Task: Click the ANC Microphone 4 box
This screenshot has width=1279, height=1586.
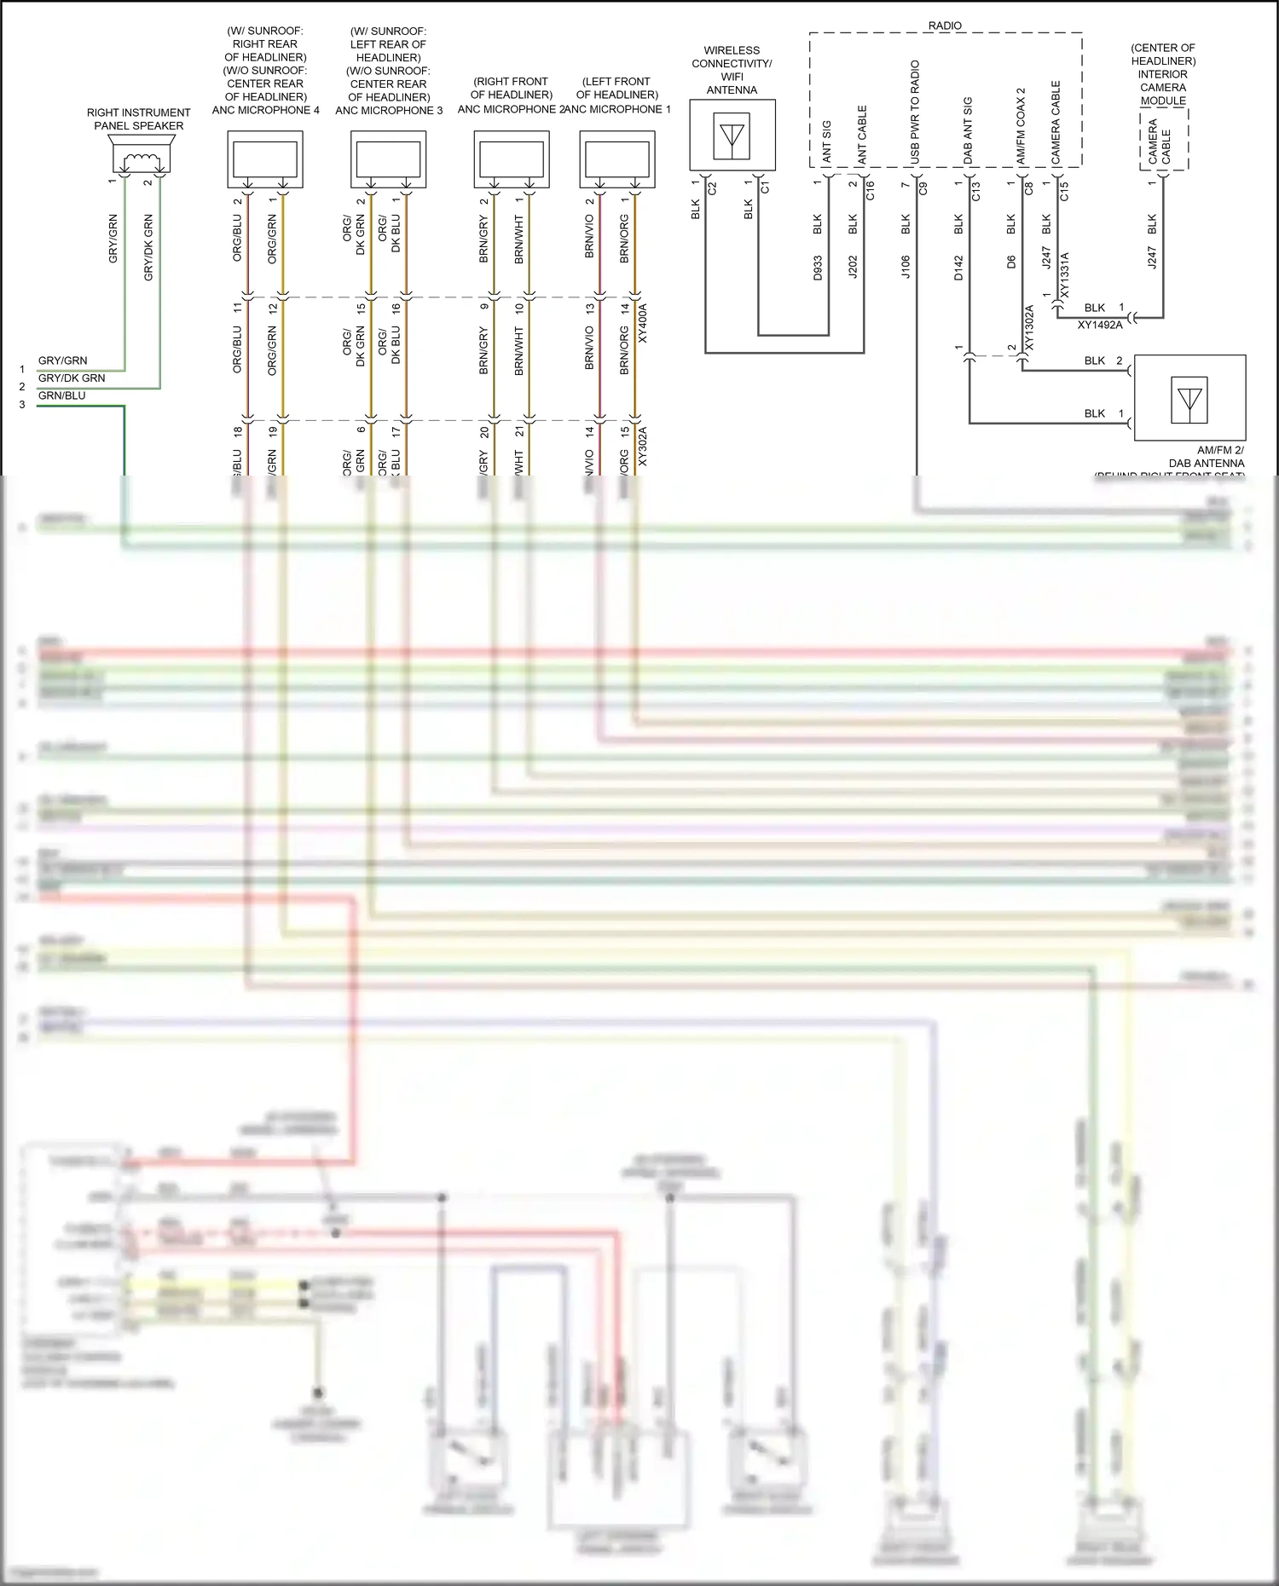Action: (x=265, y=159)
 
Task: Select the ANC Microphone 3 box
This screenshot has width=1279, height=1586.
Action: (x=388, y=159)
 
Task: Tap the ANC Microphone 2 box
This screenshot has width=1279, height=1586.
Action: (x=512, y=159)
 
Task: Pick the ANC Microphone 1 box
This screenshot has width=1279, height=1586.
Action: (x=617, y=159)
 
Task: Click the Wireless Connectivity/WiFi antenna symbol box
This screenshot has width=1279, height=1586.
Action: (x=732, y=135)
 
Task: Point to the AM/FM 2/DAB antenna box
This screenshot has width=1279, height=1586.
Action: (x=1189, y=397)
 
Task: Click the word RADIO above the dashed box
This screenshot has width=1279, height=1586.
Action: (x=945, y=26)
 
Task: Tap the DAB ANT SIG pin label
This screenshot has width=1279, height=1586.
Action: (x=968, y=130)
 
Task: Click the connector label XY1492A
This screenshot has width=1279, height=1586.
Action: (x=1100, y=325)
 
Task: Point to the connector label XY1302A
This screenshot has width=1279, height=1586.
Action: (x=1029, y=329)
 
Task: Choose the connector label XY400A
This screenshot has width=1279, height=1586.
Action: (x=643, y=324)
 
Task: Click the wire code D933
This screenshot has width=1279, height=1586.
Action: (x=817, y=268)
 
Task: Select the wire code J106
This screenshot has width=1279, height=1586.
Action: (x=906, y=267)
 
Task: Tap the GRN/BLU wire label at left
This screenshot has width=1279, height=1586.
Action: (x=62, y=395)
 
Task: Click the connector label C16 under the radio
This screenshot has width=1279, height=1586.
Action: (x=871, y=191)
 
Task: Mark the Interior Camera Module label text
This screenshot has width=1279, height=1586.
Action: (x=1163, y=74)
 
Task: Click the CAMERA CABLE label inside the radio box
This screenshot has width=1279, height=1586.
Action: (x=1056, y=123)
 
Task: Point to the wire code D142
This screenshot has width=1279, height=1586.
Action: (x=958, y=268)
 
